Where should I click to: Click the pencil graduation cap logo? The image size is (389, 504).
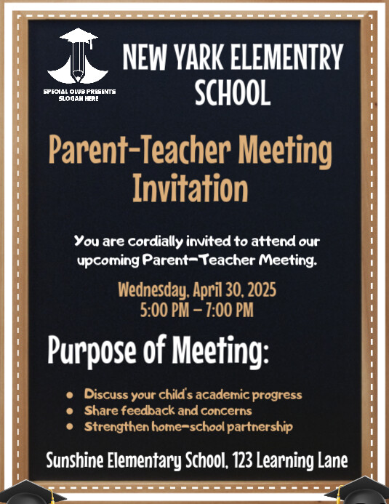[x=78, y=56]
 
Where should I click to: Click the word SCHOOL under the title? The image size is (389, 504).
[x=233, y=92]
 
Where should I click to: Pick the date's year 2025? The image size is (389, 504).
[x=257, y=292]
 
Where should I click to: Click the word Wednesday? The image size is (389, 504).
[x=152, y=292]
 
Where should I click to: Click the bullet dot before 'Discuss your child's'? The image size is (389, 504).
[x=70, y=395]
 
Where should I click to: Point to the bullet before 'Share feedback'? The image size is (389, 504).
[x=70, y=411]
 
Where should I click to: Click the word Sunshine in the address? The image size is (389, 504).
[x=74, y=460]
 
